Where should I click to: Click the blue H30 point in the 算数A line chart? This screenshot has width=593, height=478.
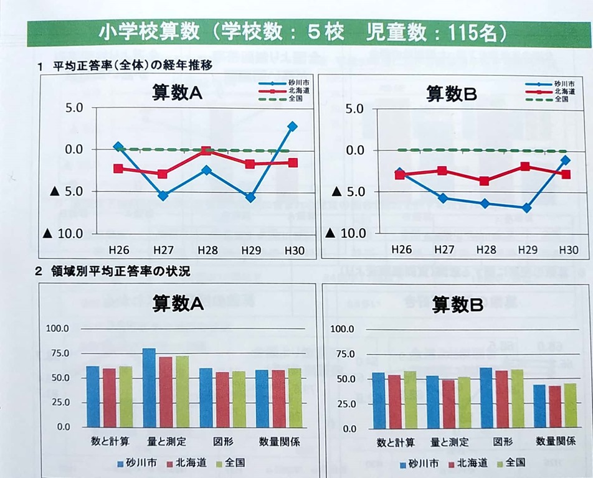[x=292, y=126]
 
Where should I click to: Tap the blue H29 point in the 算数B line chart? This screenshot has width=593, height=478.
[x=526, y=208]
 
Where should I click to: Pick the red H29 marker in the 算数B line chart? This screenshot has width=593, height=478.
[x=525, y=166]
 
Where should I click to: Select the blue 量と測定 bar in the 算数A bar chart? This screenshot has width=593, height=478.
[x=149, y=388]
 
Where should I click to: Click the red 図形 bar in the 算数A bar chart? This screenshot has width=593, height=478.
[x=222, y=400]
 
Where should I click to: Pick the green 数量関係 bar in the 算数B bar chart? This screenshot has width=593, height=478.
[x=569, y=406]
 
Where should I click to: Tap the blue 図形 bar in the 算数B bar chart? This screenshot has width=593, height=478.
[x=486, y=398]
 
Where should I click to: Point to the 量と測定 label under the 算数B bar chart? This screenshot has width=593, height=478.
[x=450, y=443]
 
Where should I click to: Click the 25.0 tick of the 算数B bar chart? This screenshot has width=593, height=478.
[x=344, y=404]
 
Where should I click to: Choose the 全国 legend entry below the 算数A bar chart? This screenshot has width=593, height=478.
[x=230, y=462]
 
